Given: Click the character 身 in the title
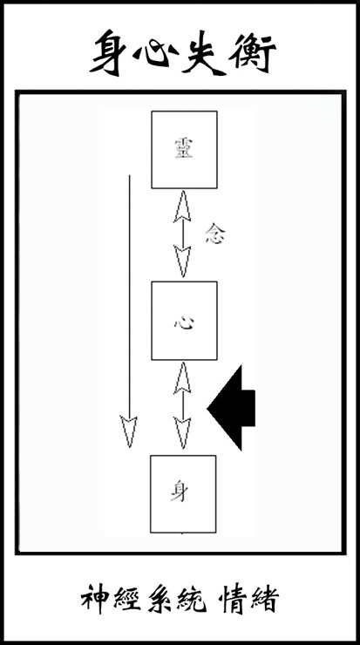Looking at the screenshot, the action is pyautogui.click(x=108, y=52).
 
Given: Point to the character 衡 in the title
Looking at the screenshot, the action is pyautogui.click(x=252, y=52).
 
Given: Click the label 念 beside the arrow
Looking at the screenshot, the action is pyautogui.click(x=214, y=234).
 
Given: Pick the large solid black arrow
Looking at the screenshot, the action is pyautogui.click(x=231, y=408).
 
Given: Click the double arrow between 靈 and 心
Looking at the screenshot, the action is pyautogui.click(x=182, y=234).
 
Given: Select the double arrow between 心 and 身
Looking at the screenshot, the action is pyautogui.click(x=182, y=405).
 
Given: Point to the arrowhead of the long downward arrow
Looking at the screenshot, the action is pyautogui.click(x=129, y=431).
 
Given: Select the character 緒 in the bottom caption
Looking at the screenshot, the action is pyautogui.click(x=264, y=599).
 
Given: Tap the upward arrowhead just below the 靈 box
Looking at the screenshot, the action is pyautogui.click(x=182, y=206).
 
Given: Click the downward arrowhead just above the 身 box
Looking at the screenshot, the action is pyautogui.click(x=182, y=432).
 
